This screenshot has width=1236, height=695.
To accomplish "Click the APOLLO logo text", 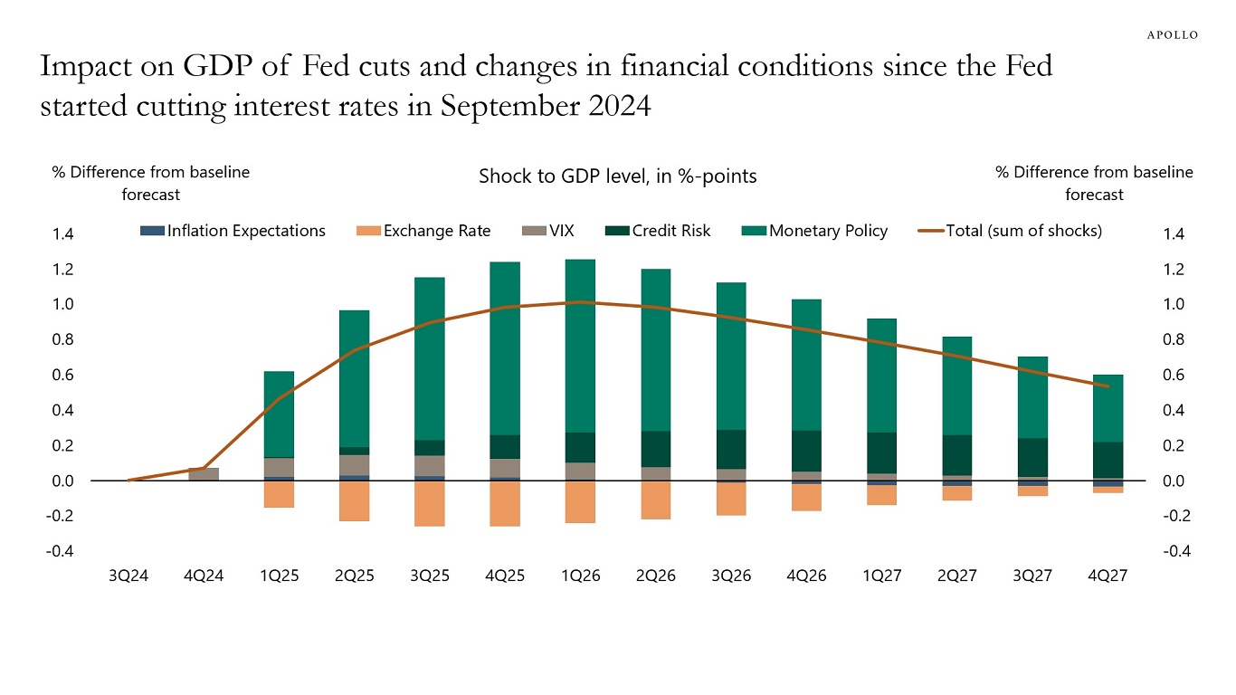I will pyautogui.click(x=1173, y=34).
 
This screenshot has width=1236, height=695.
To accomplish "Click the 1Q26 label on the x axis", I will pyautogui.click(x=580, y=576).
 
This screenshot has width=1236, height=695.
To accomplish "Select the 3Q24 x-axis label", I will pyautogui.click(x=128, y=576).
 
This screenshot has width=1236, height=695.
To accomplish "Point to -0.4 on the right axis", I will pyautogui.click(x=1173, y=552).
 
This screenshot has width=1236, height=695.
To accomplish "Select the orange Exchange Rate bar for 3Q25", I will pyautogui.click(x=430, y=503).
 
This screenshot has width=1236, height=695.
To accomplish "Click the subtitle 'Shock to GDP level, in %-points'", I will pyautogui.click(x=617, y=176).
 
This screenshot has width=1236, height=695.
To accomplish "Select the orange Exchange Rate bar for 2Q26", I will pyautogui.click(x=655, y=500).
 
